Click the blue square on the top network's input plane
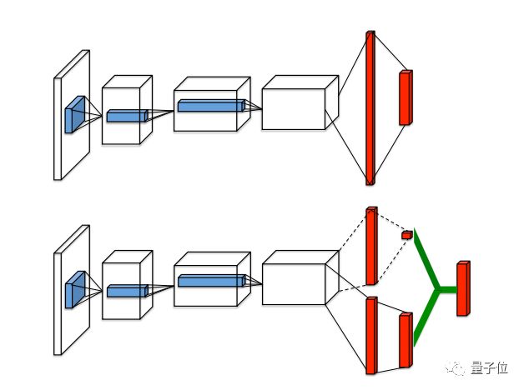[74, 115]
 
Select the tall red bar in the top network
[370, 107]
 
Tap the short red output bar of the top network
[406, 97]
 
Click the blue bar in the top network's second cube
[211, 106]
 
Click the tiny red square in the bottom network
[407, 235]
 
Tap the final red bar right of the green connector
[463, 288]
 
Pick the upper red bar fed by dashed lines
[371, 245]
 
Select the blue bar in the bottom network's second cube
[211, 281]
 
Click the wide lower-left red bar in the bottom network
[371, 335]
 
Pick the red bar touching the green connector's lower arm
[406, 340]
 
